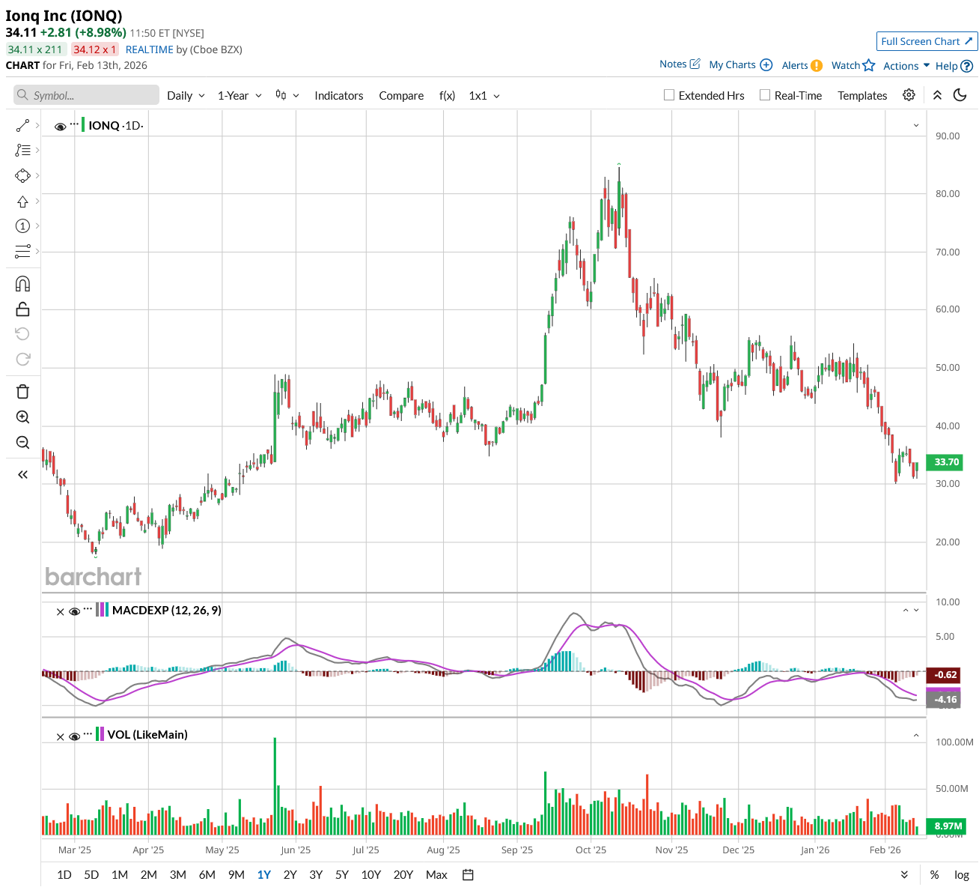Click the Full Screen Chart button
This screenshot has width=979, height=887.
(927, 41)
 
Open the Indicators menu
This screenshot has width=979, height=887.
(338, 95)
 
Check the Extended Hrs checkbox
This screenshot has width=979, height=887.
(669, 95)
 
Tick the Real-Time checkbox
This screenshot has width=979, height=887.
(765, 95)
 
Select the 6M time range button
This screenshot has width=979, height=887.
(207, 874)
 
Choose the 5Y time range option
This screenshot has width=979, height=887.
(342, 874)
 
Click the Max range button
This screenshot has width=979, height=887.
(436, 874)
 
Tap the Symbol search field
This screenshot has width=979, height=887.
(87, 95)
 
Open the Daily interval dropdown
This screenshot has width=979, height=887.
(186, 95)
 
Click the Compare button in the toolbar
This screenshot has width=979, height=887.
(401, 95)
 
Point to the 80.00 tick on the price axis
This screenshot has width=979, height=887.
(948, 193)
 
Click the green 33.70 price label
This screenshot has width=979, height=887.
(946, 462)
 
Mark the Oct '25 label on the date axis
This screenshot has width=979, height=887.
(591, 850)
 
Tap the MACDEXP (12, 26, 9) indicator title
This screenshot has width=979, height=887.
(166, 610)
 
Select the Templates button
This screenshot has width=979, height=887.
(862, 95)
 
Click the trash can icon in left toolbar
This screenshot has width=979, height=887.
(22, 391)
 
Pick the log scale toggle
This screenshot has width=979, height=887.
(962, 874)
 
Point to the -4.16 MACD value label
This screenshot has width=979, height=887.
(946, 700)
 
